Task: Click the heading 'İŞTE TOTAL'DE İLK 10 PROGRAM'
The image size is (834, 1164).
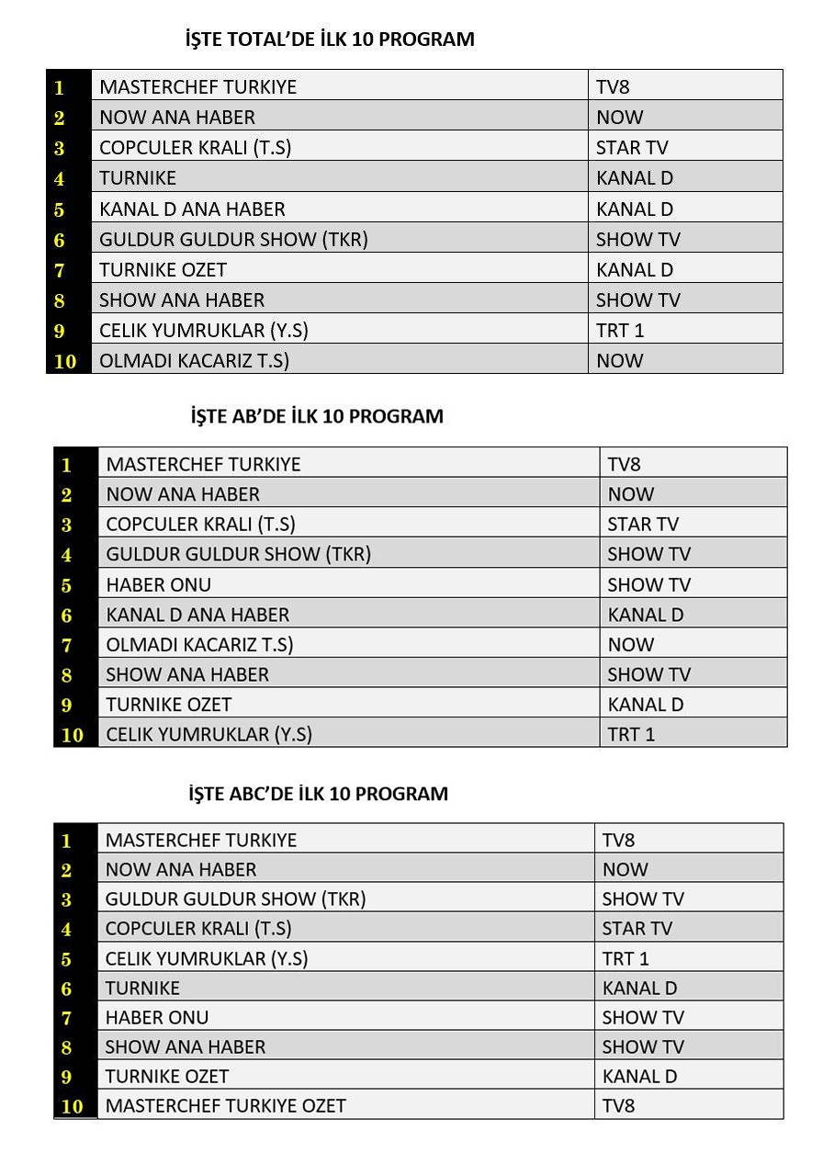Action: [x=330, y=40]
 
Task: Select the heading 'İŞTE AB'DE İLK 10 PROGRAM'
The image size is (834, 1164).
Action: [x=317, y=416]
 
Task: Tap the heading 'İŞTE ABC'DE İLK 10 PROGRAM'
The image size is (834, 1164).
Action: [x=319, y=794]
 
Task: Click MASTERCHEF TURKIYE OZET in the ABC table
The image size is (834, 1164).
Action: [x=225, y=1105]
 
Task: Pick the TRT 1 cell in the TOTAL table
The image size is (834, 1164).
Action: [x=620, y=331]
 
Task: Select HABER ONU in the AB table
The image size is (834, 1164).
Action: [x=158, y=584]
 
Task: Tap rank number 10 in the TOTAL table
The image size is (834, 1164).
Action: [x=65, y=361]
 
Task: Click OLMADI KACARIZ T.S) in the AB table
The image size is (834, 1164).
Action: [x=199, y=645]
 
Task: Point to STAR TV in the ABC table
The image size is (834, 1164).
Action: [x=637, y=928]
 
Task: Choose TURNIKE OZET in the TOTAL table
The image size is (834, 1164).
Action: [x=163, y=269]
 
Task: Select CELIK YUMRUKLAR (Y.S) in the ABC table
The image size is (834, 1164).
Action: [x=206, y=958]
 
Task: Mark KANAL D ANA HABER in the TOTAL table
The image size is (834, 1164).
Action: [x=192, y=209]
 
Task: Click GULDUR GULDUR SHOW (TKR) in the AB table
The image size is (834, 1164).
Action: [x=238, y=554]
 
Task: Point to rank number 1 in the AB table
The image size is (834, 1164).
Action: [x=66, y=465]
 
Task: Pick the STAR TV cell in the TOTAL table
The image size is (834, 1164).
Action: [x=632, y=148]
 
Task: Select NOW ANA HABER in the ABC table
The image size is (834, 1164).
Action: [x=181, y=869]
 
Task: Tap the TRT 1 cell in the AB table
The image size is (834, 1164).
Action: [x=631, y=734]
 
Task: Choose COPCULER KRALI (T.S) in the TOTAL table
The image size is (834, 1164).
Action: [x=195, y=148]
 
